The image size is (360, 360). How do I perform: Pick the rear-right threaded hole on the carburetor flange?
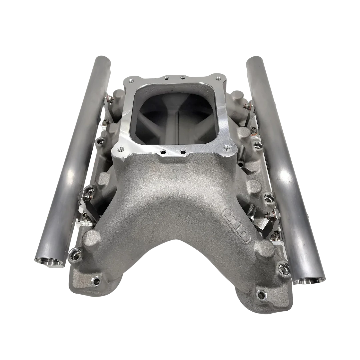(219, 79)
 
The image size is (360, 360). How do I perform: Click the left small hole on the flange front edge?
(163, 152)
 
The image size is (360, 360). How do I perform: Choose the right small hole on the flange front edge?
(183, 152)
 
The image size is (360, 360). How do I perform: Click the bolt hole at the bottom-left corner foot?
(96, 280)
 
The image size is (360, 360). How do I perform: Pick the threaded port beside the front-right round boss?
(283, 267)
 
